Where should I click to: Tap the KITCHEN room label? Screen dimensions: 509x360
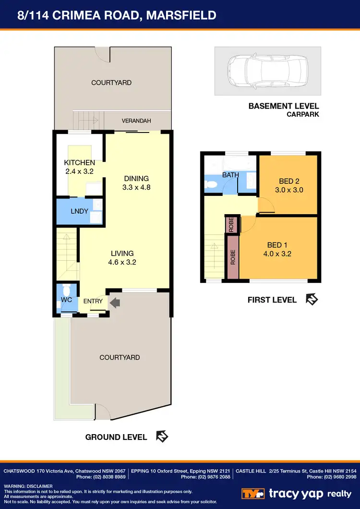[79, 163]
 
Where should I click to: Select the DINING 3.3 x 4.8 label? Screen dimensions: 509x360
[137, 183]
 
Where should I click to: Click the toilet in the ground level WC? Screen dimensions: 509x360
[66, 291]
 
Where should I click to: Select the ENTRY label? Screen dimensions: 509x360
[93, 301]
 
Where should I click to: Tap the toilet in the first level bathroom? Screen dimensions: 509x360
[211, 184]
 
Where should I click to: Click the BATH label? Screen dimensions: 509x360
[230, 175]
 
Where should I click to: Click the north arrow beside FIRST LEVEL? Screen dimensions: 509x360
[312, 300]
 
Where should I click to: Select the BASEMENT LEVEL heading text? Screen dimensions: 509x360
[283, 106]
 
